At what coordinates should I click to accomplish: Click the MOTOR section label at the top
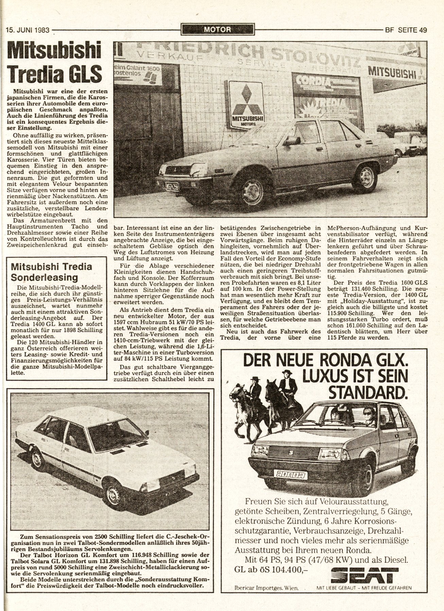(x=218, y=30)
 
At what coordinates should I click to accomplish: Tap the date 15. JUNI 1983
(x=28, y=30)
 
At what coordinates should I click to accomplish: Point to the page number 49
(x=423, y=30)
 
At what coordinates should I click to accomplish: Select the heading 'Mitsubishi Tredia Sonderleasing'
(x=52, y=272)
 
